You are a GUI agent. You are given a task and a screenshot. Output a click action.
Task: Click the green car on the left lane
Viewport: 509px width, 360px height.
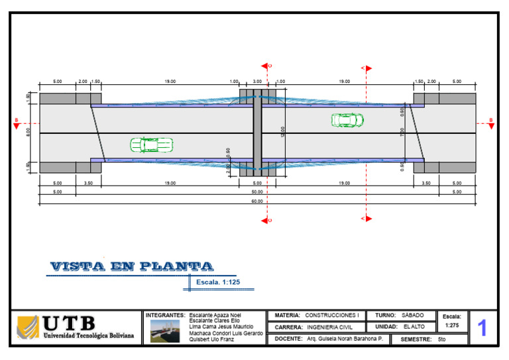coord(151,145)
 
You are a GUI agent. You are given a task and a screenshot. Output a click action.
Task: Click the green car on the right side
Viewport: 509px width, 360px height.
coord(347,120)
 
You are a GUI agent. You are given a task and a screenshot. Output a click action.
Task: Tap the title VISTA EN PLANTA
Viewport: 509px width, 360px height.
coord(132,267)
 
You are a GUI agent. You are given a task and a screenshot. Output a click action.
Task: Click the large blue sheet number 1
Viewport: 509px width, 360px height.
coord(482,328)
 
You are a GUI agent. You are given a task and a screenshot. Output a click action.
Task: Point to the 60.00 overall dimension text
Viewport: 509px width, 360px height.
coord(257,201)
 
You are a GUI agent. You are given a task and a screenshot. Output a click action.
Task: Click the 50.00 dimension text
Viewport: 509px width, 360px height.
coord(257,192)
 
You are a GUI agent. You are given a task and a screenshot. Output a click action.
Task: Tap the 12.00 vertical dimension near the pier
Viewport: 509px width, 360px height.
coord(283,131)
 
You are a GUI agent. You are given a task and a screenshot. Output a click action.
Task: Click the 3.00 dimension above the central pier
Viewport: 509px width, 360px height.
coord(258,82)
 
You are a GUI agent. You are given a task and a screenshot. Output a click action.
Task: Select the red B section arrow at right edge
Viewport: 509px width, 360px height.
coord(490,123)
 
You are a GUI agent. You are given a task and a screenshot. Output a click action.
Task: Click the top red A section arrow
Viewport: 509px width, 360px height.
coord(367,68)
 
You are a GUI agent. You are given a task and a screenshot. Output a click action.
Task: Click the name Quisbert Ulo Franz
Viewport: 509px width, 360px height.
coord(212,339)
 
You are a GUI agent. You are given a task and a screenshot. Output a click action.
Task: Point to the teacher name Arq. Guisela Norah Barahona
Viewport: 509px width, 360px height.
coord(345,339)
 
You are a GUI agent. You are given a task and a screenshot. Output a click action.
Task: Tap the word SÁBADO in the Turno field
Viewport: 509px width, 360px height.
coord(413,316)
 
